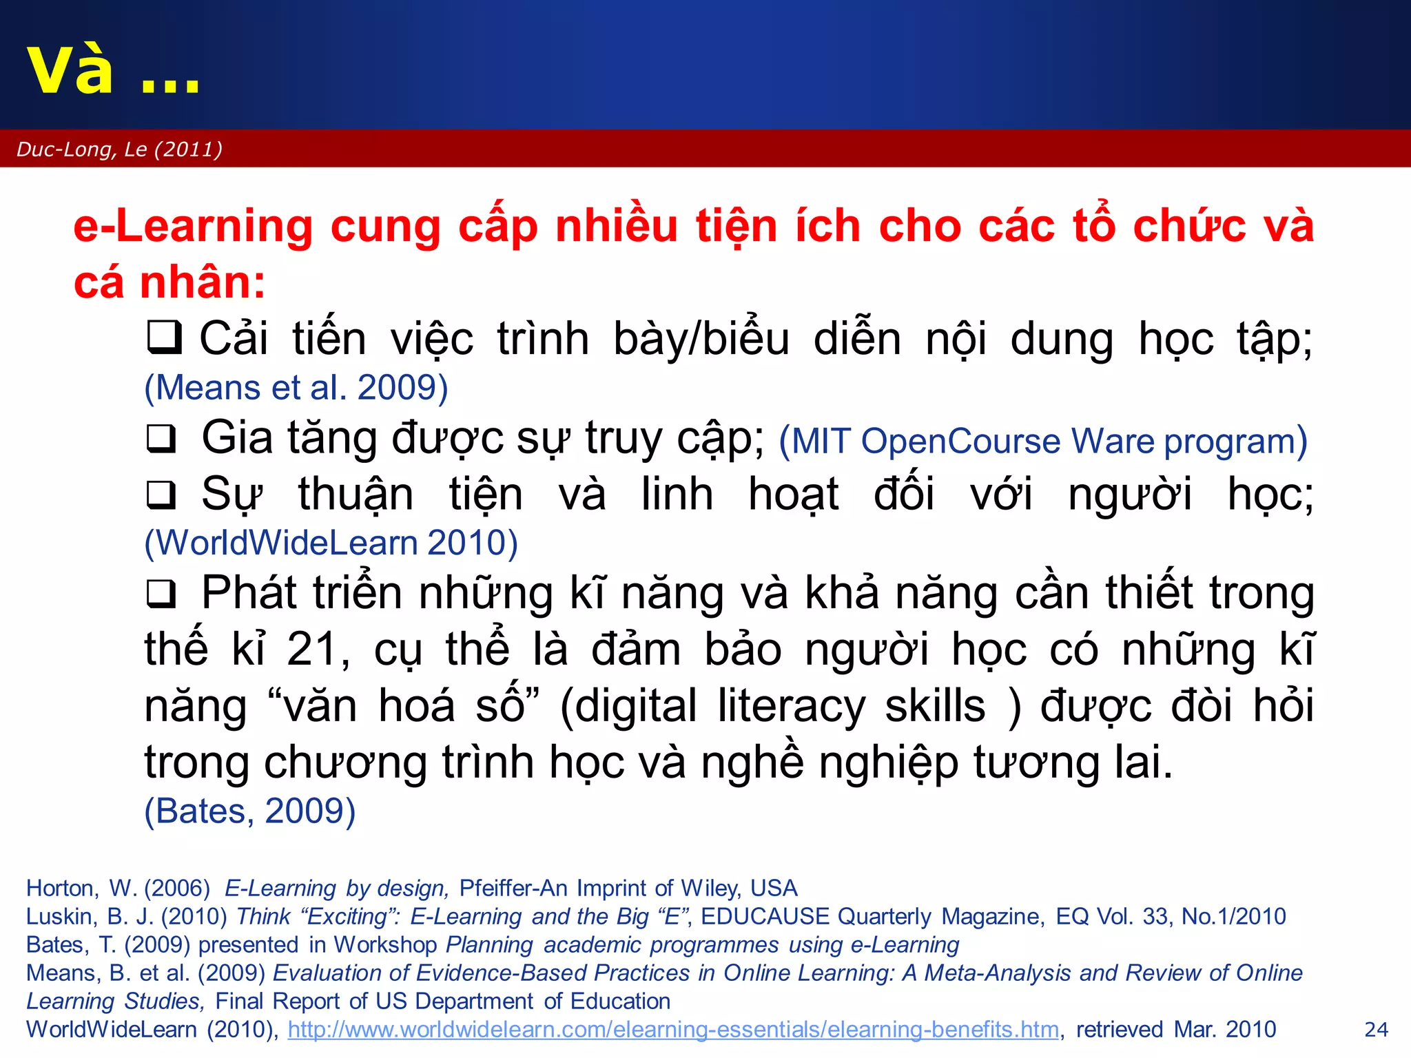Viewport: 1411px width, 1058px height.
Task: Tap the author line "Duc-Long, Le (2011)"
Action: (119, 149)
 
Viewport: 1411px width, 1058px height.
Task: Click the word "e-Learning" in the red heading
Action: (193, 226)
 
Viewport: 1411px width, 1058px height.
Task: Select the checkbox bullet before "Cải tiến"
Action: (164, 338)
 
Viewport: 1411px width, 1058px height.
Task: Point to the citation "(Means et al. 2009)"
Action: (296, 387)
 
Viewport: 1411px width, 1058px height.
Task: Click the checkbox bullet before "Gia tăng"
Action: (162, 439)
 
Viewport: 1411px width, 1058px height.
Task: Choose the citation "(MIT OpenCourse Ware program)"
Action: (1042, 441)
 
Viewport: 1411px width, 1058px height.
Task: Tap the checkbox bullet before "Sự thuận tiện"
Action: (162, 495)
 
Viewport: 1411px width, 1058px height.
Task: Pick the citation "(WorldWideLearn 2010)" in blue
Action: (331, 543)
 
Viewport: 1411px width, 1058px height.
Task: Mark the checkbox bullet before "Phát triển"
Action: (162, 593)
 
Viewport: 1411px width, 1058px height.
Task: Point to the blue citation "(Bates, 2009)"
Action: (250, 811)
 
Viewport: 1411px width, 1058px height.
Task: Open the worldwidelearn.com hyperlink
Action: (673, 1030)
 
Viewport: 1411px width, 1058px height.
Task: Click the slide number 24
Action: (1376, 1030)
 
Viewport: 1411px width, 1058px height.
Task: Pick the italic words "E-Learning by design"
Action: (337, 889)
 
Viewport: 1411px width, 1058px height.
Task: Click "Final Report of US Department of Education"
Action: (442, 1002)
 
